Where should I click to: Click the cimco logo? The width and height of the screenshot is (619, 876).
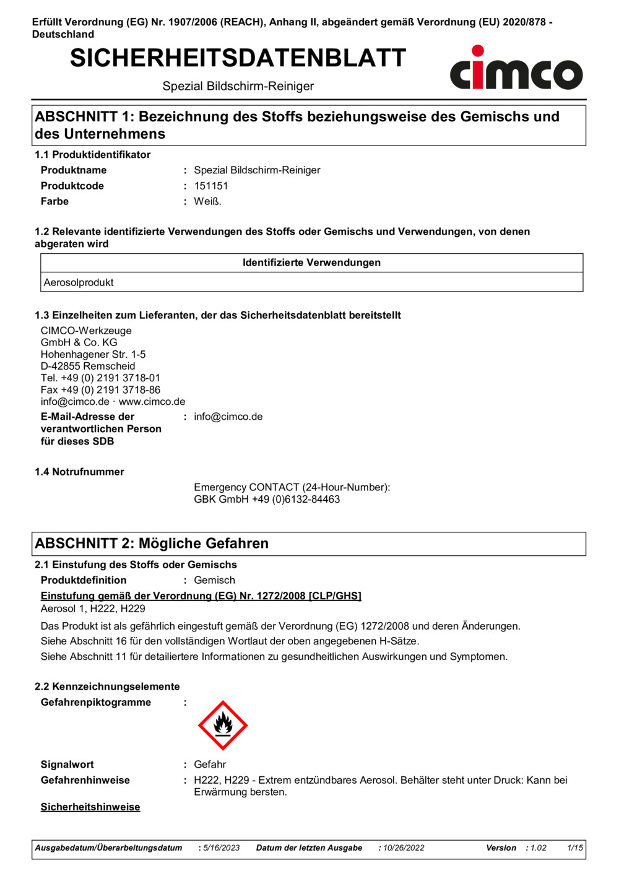coord(516,69)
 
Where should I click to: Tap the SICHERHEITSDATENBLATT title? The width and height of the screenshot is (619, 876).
coord(238,58)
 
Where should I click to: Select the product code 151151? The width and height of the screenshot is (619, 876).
coord(211,186)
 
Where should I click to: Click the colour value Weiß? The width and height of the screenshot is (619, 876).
coord(207,201)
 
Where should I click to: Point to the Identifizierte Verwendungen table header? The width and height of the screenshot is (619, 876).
coord(311,262)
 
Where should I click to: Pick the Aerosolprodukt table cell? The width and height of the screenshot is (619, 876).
coord(79,282)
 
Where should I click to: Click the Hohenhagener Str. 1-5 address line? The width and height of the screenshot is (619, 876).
coord(93,354)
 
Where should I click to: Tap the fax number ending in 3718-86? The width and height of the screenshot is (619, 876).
coord(100,390)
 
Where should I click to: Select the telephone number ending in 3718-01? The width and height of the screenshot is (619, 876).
coord(100,378)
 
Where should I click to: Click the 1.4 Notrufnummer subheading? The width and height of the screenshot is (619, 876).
coord(79,472)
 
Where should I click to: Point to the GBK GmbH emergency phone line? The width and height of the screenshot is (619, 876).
coord(267,499)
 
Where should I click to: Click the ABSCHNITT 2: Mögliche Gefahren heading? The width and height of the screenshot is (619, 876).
coord(152,544)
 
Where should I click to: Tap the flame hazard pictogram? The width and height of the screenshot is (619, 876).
coord(223,725)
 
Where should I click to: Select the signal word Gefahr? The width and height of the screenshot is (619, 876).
coord(210,765)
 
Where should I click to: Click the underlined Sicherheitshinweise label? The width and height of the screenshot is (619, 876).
coord(90,807)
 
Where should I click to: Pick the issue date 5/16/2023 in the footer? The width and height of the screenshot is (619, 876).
coord(221,848)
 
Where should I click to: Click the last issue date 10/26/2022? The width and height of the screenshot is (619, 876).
coord(404,848)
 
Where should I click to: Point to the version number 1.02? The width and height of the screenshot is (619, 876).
coord(538,848)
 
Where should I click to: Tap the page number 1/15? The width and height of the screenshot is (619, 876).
coord(575,848)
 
